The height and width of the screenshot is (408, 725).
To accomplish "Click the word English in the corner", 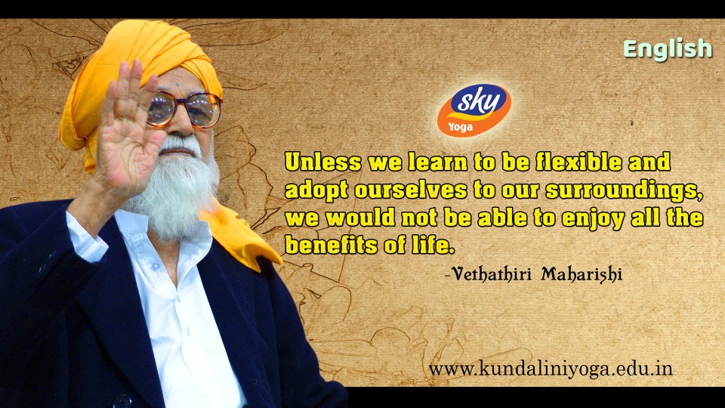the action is point(668,49).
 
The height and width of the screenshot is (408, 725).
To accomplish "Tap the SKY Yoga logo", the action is point(474,110).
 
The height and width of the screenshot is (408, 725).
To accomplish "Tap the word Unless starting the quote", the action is point(322,162).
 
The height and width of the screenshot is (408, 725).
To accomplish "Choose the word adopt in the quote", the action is point(316,190).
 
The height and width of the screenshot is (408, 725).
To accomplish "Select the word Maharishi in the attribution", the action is point(582,274).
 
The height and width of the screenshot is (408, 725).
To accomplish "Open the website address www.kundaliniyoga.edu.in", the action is point(551,369).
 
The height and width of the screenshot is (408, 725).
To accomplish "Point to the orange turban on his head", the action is point(139,65).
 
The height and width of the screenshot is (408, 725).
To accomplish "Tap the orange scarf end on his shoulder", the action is point(242,240).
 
